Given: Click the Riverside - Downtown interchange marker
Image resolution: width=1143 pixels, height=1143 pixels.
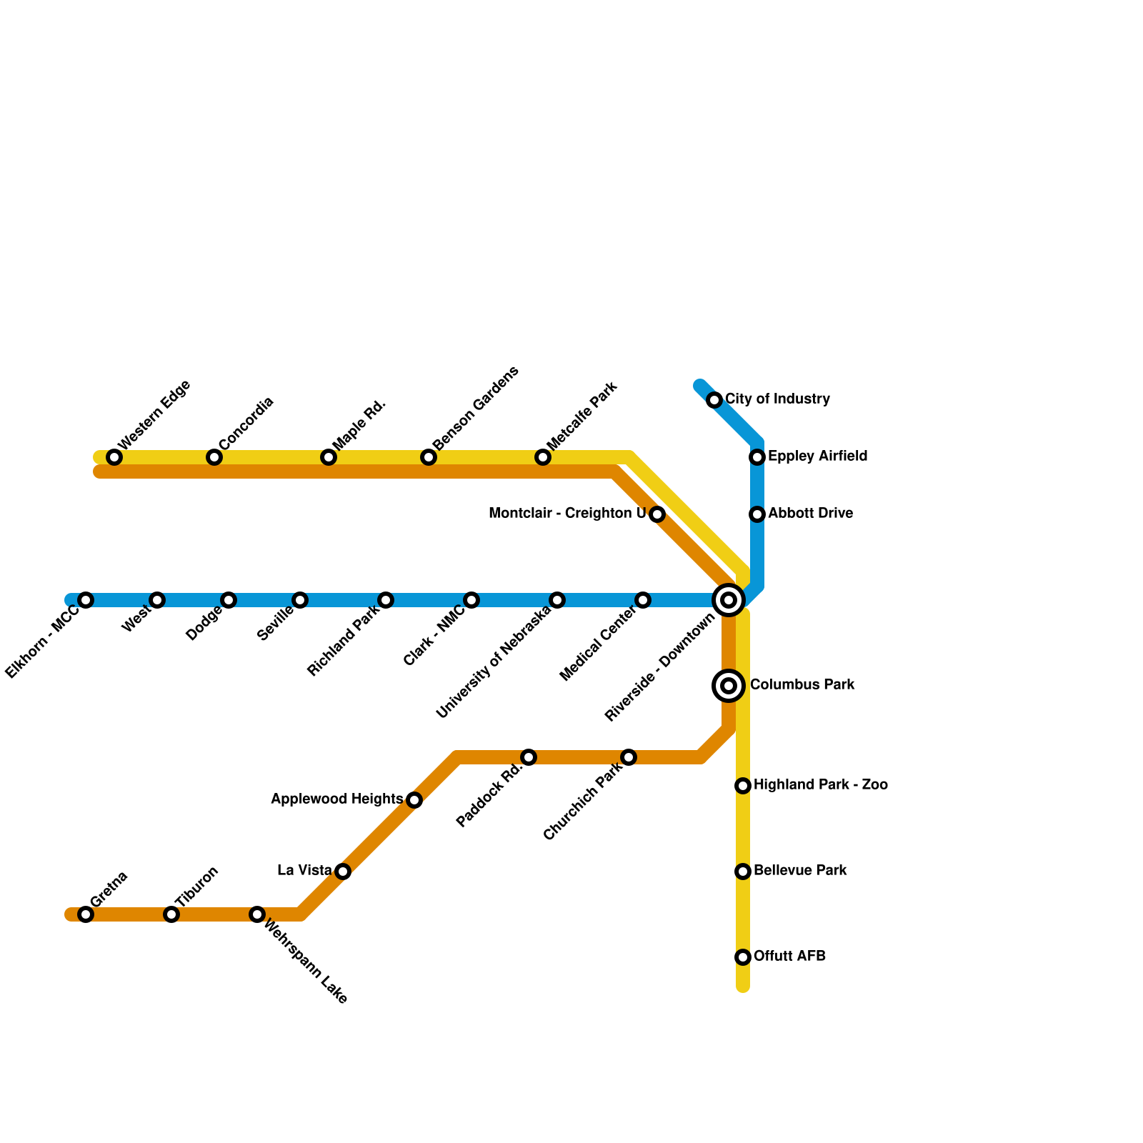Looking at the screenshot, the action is click(x=729, y=600).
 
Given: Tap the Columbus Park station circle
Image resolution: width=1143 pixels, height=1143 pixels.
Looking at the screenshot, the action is click(x=729, y=686).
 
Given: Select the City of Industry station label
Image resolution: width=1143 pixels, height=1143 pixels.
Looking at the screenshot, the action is click(x=777, y=399).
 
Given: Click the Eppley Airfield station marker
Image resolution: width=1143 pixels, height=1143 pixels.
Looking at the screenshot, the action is click(x=757, y=457).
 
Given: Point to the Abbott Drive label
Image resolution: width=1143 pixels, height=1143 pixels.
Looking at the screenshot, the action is click(x=810, y=514).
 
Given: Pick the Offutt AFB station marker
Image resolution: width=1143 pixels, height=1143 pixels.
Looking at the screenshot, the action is click(x=743, y=957).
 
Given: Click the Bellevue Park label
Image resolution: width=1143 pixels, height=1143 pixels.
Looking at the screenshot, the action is click(x=800, y=871).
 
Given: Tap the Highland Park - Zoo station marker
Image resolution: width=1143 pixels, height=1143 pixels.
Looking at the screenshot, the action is click(x=743, y=786).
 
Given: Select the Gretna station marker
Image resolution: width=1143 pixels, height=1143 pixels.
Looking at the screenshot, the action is click(x=86, y=914).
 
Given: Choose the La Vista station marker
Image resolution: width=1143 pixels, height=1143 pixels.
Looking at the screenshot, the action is click(x=343, y=872).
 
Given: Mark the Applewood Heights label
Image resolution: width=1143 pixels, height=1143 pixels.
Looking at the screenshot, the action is click(x=336, y=799).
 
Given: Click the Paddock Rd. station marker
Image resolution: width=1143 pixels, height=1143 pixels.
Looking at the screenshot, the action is click(x=529, y=757).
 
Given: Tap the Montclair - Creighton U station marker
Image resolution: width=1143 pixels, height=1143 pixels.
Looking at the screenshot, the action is click(x=657, y=514).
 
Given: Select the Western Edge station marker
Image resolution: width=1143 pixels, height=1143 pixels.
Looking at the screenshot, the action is click(x=114, y=457).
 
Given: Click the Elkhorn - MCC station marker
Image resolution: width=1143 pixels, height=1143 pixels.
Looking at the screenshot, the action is click(x=86, y=600).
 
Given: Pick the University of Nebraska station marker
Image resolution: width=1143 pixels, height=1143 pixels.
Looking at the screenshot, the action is click(x=557, y=600).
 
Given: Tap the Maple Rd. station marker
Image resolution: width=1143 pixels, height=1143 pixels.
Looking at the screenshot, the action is click(x=329, y=457).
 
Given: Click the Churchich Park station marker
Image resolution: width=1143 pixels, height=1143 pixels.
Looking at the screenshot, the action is click(x=629, y=757).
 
